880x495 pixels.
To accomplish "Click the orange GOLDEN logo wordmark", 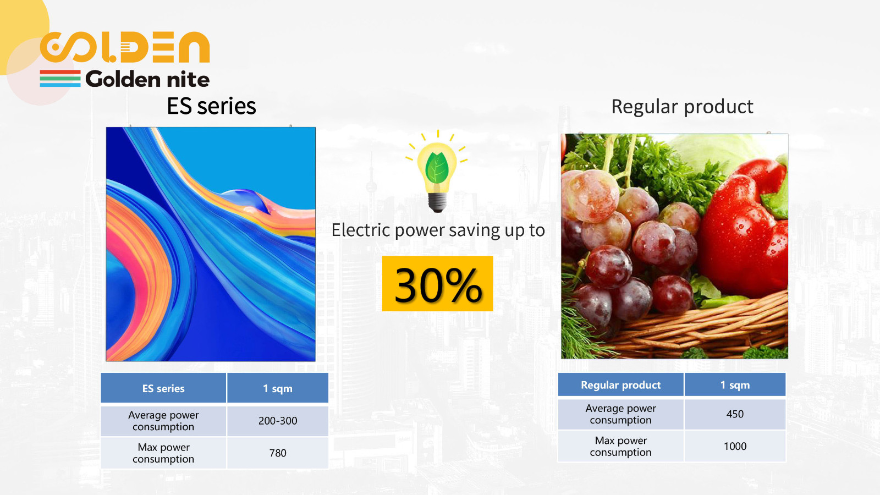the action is coord(125,47).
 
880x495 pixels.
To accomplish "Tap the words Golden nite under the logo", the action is coord(147,79).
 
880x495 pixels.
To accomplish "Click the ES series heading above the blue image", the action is coord(211,106).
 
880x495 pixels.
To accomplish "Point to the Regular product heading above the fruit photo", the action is coord(683,107).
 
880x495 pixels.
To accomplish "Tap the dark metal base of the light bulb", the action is coord(437,202).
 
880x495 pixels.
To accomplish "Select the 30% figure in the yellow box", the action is coord(438,284).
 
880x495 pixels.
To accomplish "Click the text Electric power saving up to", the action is coord(438,230).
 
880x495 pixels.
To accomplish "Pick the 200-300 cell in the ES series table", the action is coord(278,421).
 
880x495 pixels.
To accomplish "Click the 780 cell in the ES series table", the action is coord(278,453).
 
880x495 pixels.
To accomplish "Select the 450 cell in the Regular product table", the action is coord(735,414).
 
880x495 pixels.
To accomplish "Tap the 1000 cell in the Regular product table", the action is coord(735,446).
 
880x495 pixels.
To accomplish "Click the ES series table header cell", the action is coord(163,388).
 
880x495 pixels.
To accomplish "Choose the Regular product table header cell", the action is coord(621,384).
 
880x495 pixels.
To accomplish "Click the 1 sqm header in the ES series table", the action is coord(278,388).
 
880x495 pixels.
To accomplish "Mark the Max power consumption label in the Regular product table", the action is coord(621,446).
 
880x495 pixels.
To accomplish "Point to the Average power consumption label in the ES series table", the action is coord(163,421).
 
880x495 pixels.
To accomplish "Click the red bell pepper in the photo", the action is coord(745,228).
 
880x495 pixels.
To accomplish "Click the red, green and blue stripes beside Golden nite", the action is coord(60,79).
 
